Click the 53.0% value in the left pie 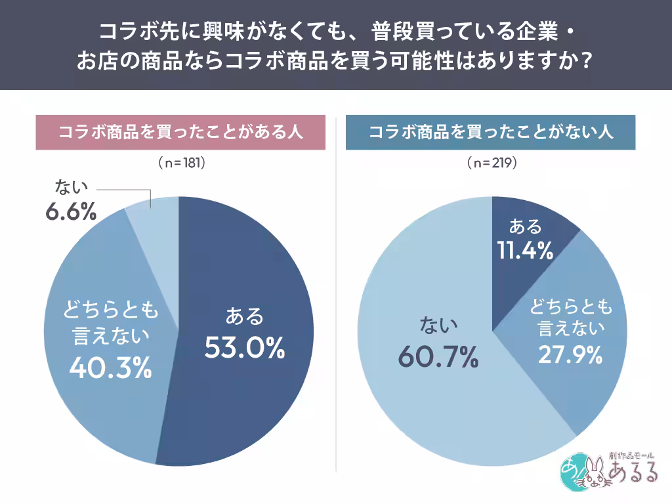(244, 348)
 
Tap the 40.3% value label (110, 368)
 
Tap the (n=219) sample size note (492, 162)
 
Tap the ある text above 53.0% (244, 317)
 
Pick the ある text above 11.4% (526, 227)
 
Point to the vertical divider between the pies (336, 295)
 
